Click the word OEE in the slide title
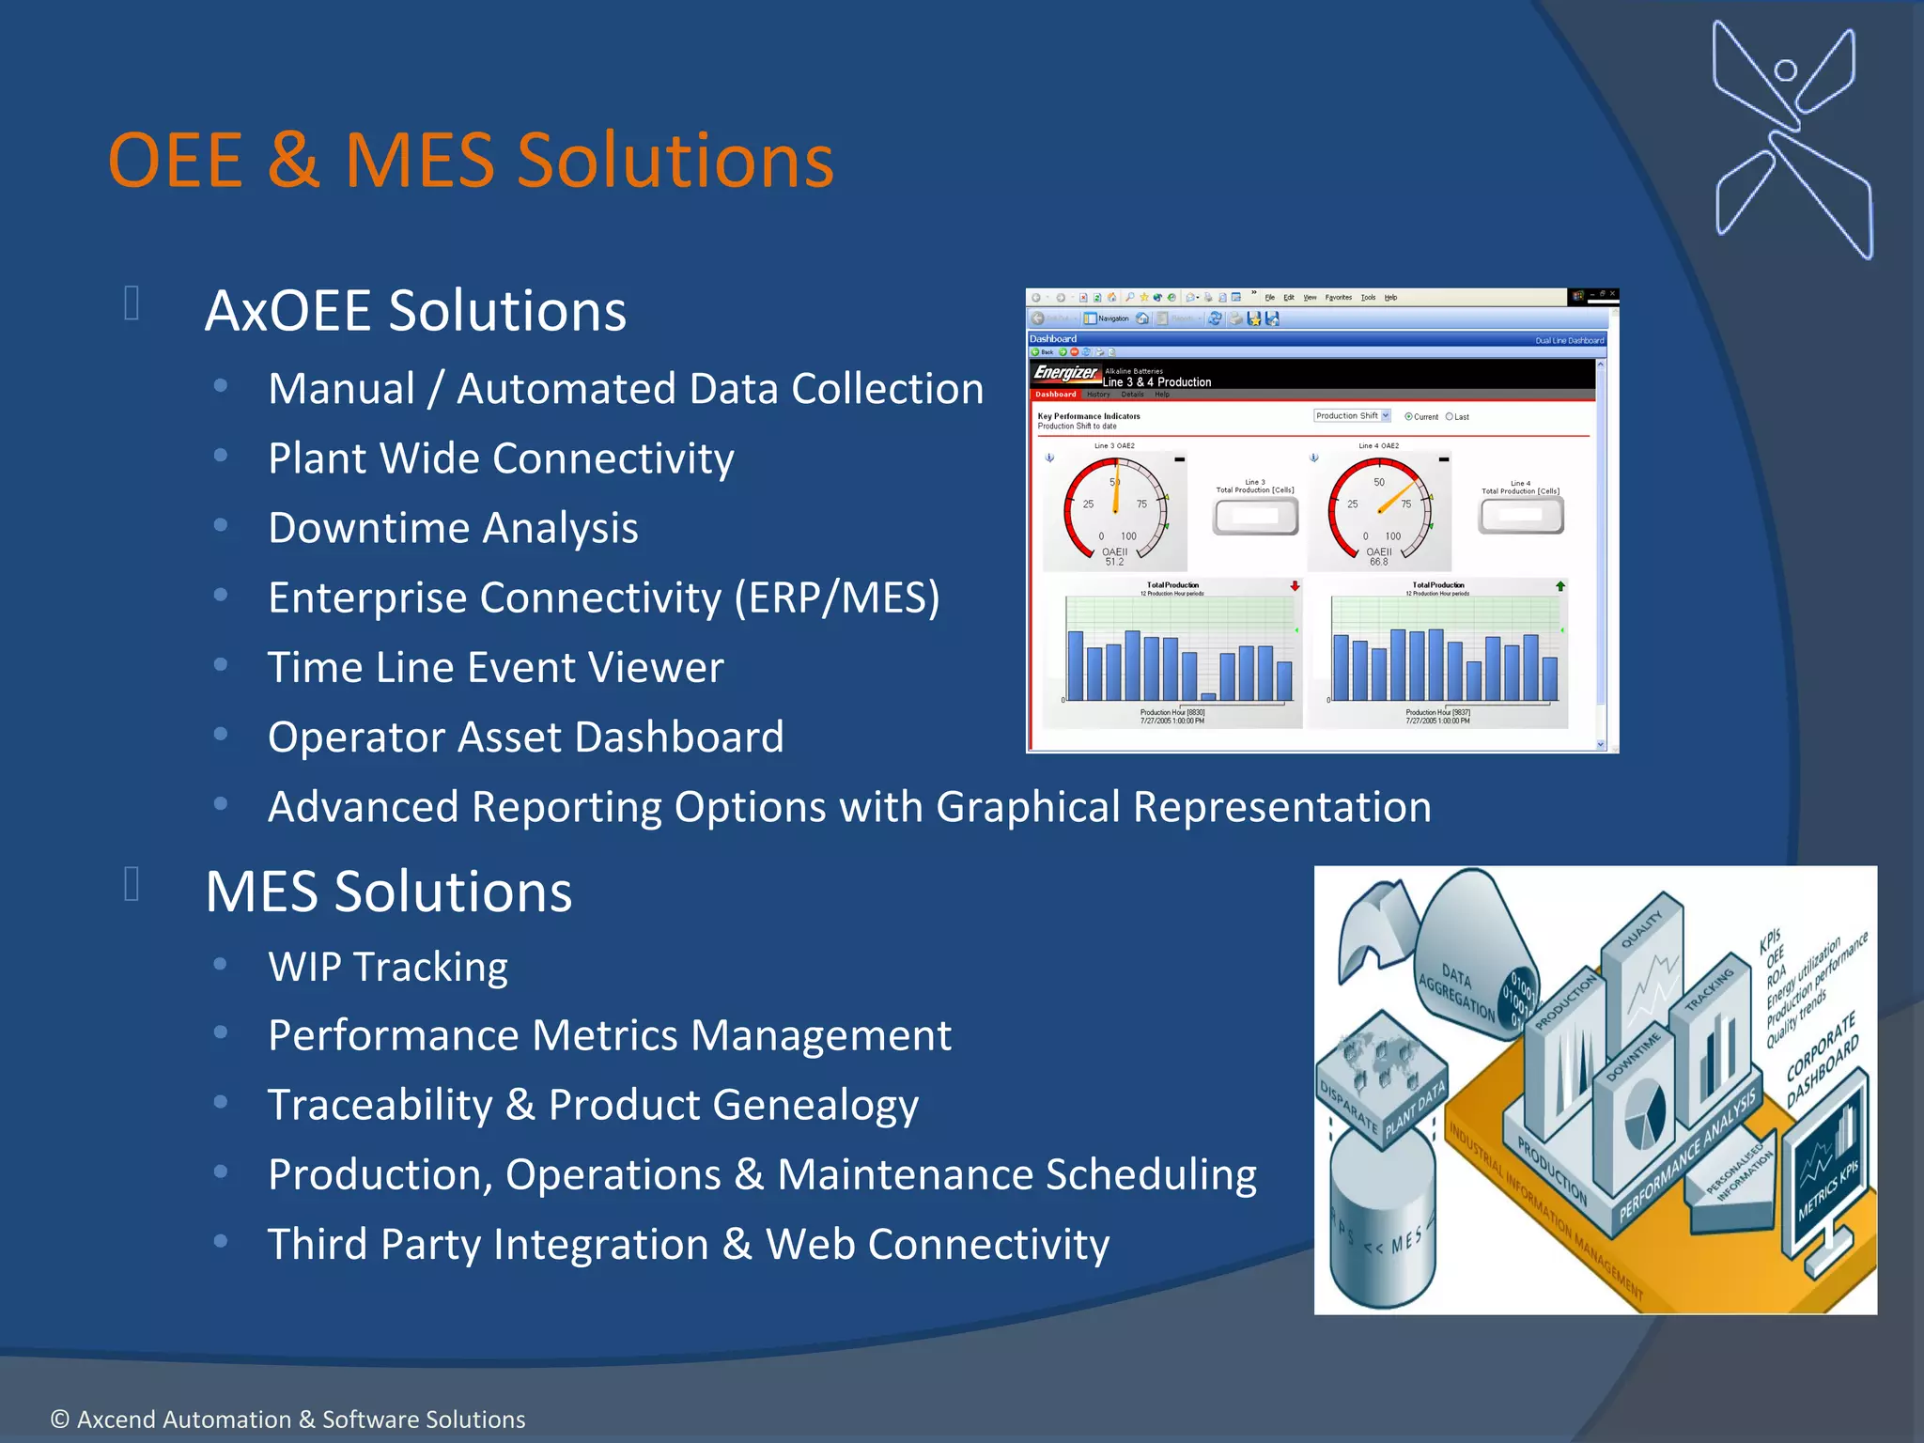click(176, 161)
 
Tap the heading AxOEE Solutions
click(415, 311)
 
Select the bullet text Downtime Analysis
click(453, 528)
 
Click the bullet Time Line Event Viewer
click(495, 668)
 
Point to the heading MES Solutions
click(388, 892)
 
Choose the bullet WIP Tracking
click(387, 967)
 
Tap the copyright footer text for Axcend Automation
click(287, 1420)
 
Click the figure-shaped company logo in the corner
click(1791, 141)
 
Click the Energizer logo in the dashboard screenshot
click(1065, 373)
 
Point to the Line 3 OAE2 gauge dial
click(1115, 511)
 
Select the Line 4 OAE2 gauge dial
click(1379, 511)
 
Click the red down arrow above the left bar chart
click(1295, 586)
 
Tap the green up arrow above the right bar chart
click(1560, 586)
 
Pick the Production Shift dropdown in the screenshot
click(1352, 416)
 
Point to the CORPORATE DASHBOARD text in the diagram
click(1823, 1060)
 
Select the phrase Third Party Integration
click(488, 1245)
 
